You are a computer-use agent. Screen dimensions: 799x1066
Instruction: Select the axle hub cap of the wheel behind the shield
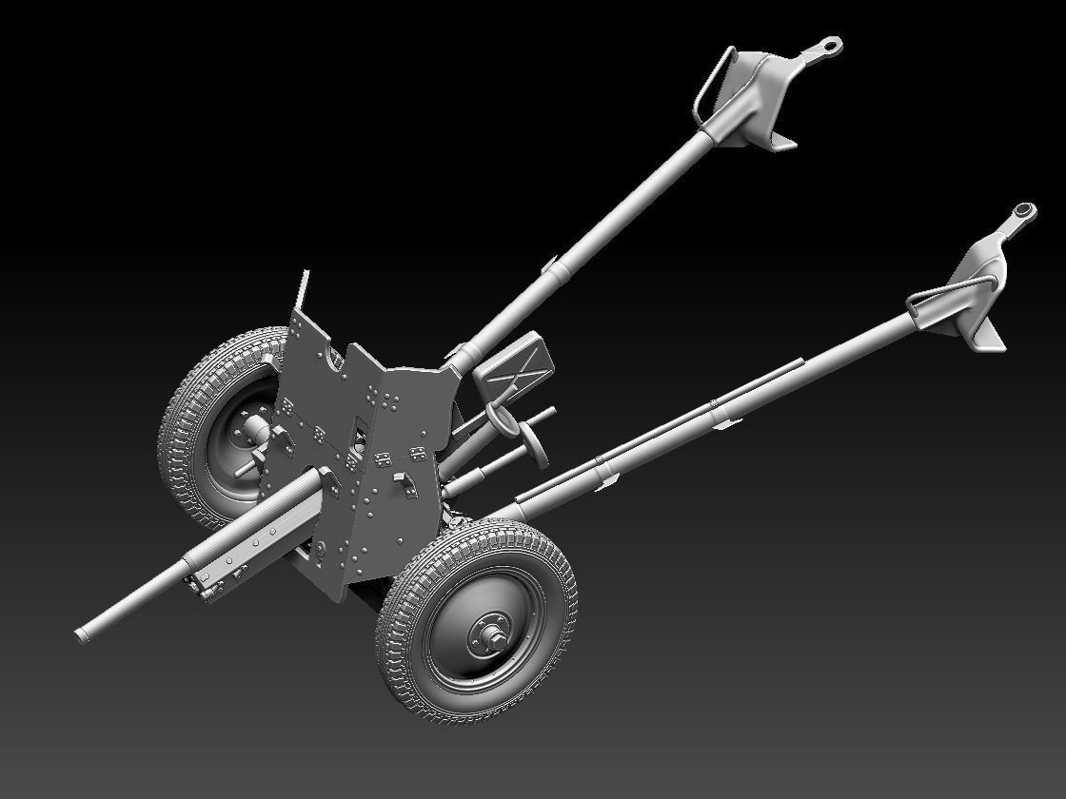(255, 431)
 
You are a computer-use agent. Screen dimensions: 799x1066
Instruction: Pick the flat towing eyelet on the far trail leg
(826, 46)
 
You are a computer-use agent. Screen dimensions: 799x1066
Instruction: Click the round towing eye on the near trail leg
(1022, 210)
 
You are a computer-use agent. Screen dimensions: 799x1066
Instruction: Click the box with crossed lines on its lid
(514, 366)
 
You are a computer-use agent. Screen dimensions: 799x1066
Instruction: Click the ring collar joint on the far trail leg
(555, 270)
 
